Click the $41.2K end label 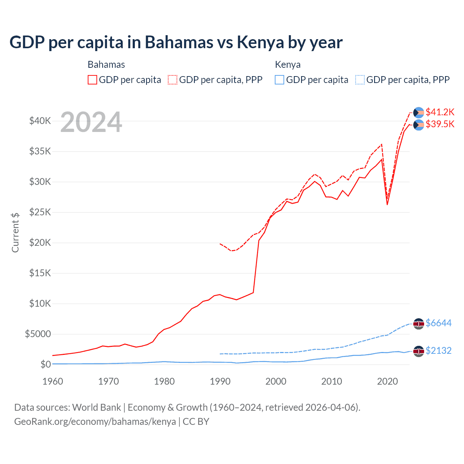pos(440,112)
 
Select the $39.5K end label pos(440,124)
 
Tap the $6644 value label pos(438,323)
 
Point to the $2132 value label pos(438,351)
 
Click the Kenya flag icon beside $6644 pos(419,324)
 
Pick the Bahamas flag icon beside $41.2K pos(419,113)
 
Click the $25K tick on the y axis pos(40,212)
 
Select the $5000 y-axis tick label pos(38,334)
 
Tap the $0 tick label pos(45,364)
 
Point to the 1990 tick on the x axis pos(220,381)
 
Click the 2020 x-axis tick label pos(388,381)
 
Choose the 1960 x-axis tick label pos(53,381)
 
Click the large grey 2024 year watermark pos(91,123)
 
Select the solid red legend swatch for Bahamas pos(92,80)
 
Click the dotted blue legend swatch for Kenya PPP pos(360,80)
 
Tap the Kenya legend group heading pos(287,65)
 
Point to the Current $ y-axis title pos(15,233)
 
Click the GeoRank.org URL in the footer pos(95,422)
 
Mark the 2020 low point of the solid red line pos(387,205)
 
